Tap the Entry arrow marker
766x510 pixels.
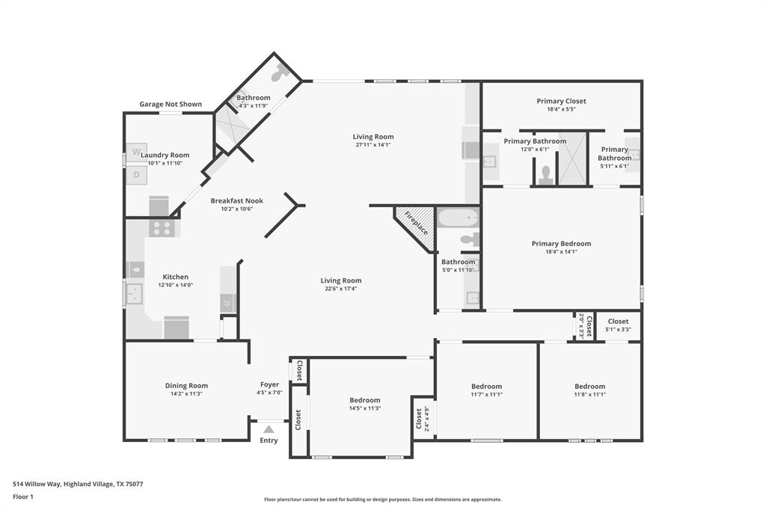click(x=269, y=429)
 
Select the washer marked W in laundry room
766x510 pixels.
click(x=136, y=152)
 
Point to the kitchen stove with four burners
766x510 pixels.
click(x=162, y=227)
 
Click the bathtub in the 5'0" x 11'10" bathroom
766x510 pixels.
click(x=457, y=218)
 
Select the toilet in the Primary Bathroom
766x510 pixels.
click(x=546, y=175)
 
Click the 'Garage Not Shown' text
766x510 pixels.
click(x=171, y=104)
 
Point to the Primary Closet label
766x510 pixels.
click(x=561, y=101)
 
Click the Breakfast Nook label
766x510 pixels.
click(x=236, y=200)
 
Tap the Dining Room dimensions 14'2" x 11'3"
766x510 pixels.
click(x=186, y=394)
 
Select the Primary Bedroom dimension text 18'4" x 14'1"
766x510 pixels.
click(x=561, y=252)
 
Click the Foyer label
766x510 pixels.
click(x=269, y=384)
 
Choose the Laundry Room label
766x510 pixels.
click(x=165, y=155)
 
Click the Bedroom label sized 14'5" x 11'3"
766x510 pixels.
click(x=364, y=400)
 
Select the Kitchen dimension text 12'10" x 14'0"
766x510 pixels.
click(x=176, y=285)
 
